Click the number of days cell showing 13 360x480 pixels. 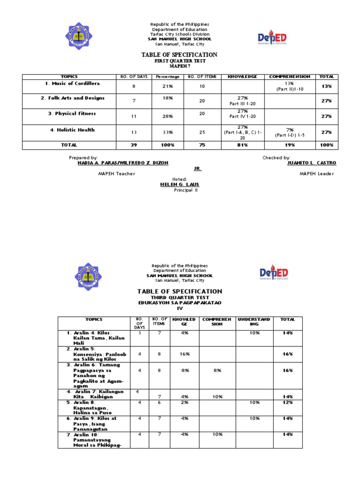tap(134, 132)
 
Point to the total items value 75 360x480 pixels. tap(202, 145)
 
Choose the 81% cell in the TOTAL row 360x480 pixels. tap(243, 145)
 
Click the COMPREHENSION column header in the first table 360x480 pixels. tap(289, 76)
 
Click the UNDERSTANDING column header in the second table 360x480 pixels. tap(254, 322)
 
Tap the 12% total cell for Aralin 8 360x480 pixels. tap(287, 402)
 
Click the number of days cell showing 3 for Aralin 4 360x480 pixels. tap(139, 332)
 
